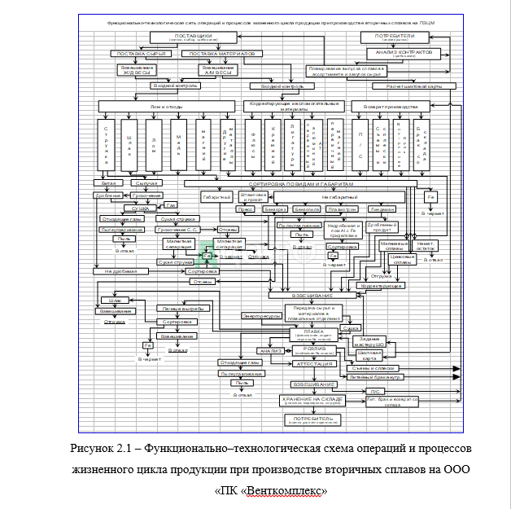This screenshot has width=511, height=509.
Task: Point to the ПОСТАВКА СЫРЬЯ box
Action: [140, 54]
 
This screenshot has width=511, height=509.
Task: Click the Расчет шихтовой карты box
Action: [413, 85]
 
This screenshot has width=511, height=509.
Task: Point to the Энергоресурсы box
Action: [262, 315]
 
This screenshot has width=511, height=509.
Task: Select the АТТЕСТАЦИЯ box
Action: [316, 363]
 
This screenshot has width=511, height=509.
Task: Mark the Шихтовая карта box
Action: [369, 354]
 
